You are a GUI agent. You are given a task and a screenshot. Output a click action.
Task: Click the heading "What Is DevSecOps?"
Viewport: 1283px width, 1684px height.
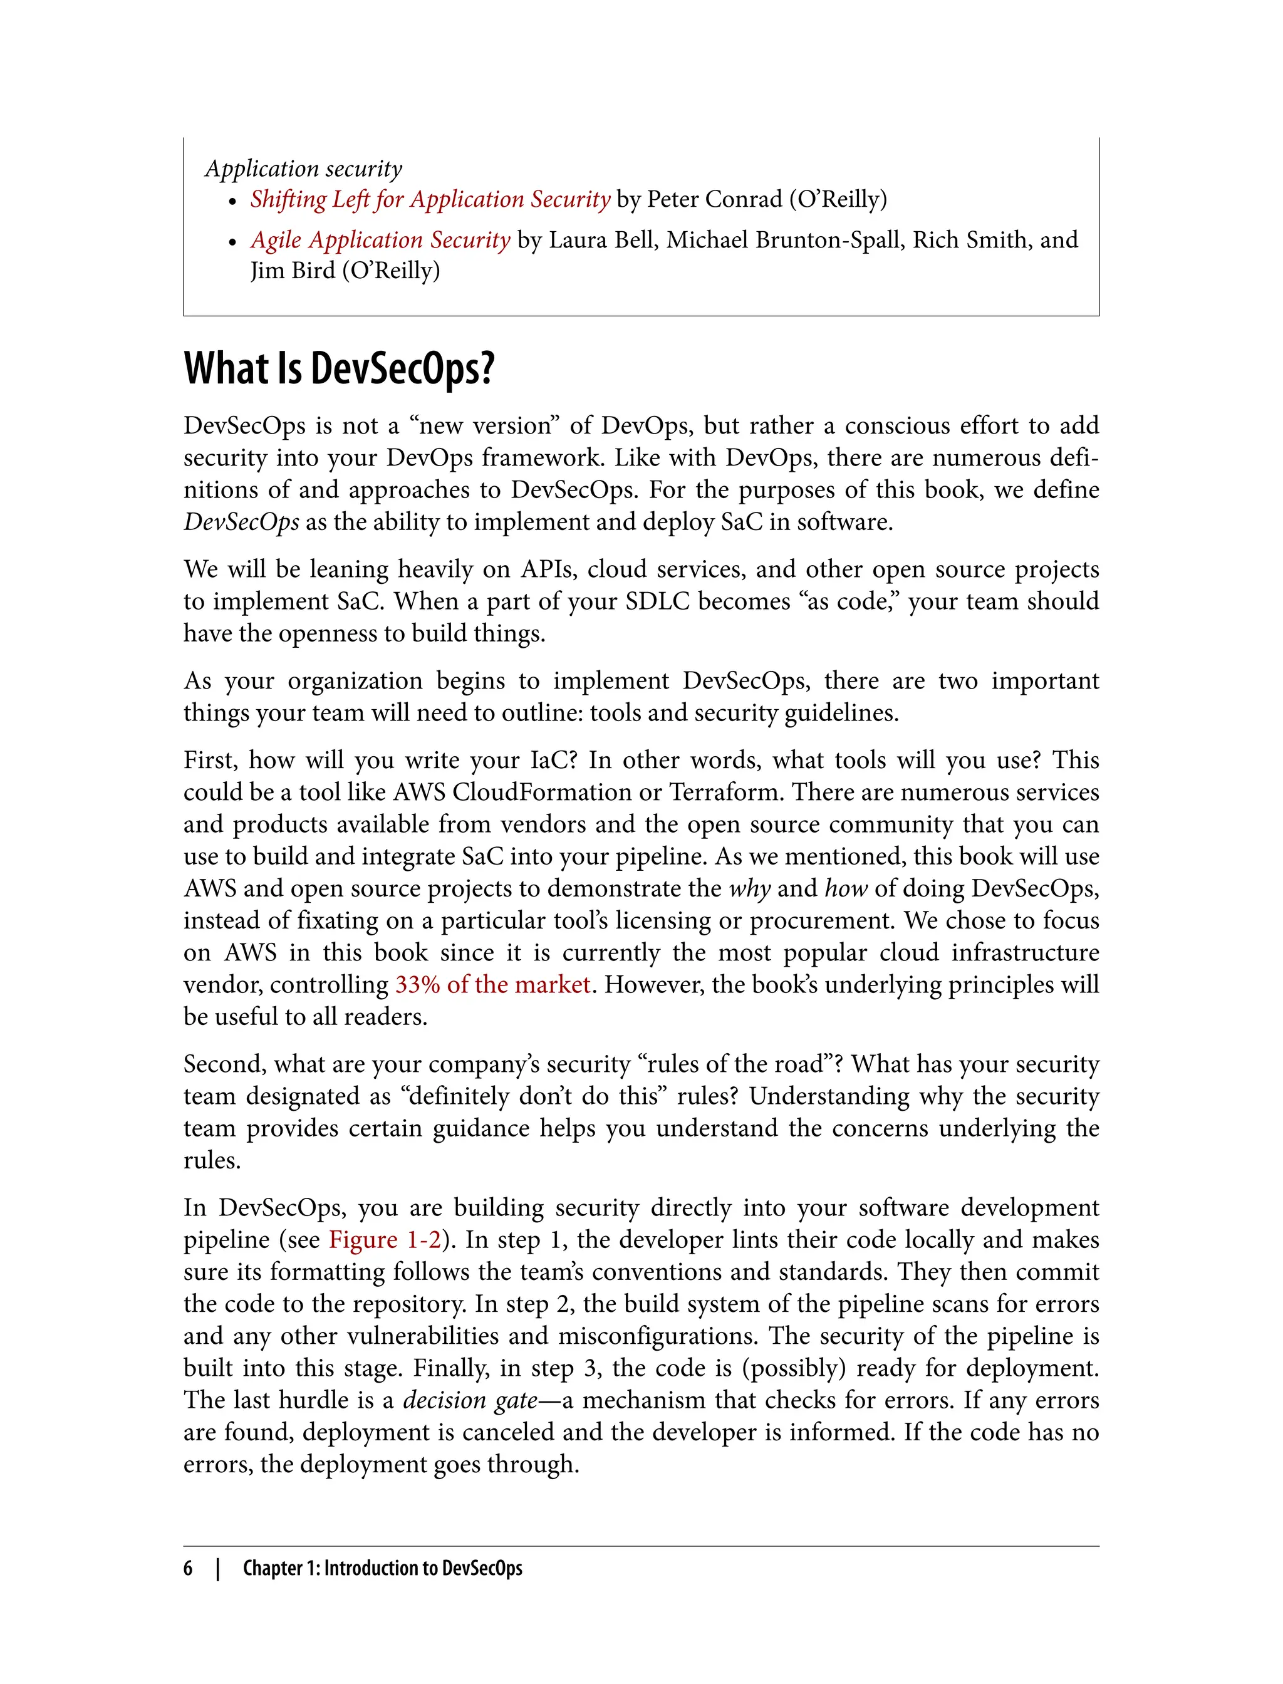[339, 369]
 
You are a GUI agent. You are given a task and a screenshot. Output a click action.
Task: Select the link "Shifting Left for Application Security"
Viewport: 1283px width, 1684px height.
[430, 199]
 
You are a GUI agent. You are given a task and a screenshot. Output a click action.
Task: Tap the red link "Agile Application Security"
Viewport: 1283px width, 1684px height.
[380, 240]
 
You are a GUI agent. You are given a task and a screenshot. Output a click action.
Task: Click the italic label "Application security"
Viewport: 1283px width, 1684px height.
[303, 168]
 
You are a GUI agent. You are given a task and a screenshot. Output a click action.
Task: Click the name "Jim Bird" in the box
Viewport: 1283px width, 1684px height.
[293, 271]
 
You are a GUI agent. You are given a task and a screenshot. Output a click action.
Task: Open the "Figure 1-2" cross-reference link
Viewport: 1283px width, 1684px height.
[385, 1240]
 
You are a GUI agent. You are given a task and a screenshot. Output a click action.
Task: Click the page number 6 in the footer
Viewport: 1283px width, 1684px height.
[188, 1568]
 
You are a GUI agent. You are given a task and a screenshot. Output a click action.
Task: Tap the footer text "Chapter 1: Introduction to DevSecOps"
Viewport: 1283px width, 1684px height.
[383, 1568]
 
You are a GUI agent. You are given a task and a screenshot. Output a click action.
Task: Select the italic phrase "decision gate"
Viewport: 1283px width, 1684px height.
[470, 1400]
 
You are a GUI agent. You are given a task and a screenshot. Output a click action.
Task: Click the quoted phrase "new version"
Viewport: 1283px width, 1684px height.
[484, 425]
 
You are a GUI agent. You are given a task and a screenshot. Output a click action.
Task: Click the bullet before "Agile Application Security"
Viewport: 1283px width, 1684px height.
[233, 242]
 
